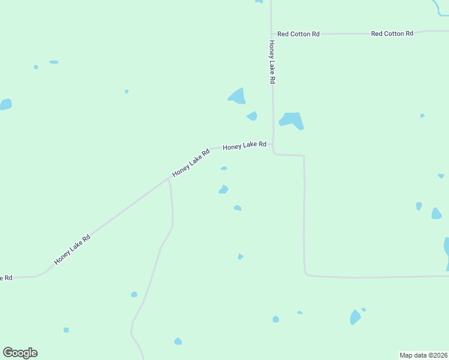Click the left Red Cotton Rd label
tap(298, 34)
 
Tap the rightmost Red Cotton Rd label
tap(392, 34)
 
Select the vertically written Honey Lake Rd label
tap(272, 62)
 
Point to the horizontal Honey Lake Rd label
tap(244, 146)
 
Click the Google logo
tap(20, 353)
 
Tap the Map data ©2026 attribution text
tap(423, 355)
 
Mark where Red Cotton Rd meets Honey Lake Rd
tap(272, 34)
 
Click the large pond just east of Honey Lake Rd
tap(292, 120)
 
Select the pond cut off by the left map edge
tap(5, 104)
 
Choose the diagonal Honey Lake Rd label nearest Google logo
tap(72, 249)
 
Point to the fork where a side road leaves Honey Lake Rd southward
tap(169, 178)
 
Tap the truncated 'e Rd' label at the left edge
tap(6, 278)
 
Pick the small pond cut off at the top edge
tap(259, 1)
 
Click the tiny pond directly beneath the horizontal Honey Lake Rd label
tap(224, 169)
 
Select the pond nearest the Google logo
tap(66, 330)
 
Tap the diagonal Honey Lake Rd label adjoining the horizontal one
tap(191, 162)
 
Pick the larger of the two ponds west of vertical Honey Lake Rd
tap(238, 96)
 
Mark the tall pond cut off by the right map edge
tap(447, 252)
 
